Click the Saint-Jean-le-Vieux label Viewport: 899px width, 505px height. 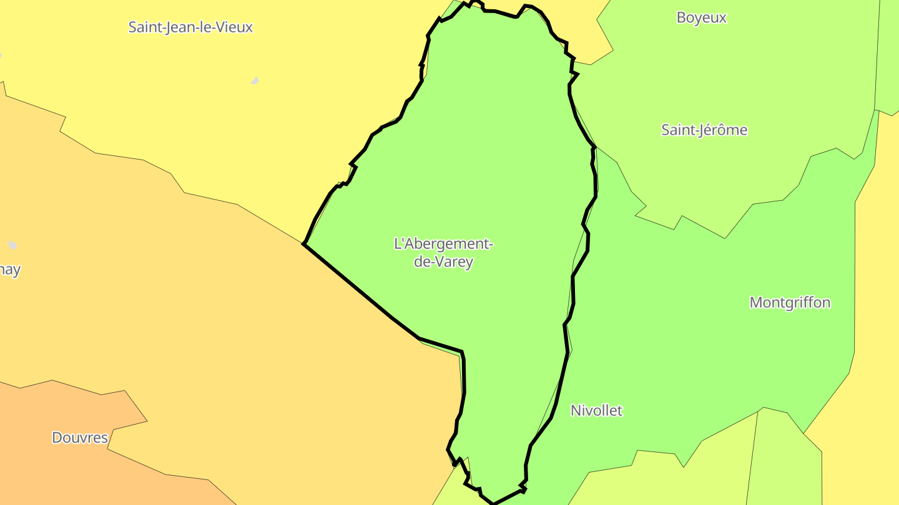pos(190,27)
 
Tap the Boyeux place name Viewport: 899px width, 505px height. pos(702,17)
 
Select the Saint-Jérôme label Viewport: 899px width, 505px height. pos(704,130)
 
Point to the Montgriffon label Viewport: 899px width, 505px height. pos(790,303)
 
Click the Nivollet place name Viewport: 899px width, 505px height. pos(596,410)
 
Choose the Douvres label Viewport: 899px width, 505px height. pos(80,438)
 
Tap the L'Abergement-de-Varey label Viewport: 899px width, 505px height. pos(444,252)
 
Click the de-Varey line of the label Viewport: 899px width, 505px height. pos(444,262)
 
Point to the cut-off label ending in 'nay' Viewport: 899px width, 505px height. pos(9,271)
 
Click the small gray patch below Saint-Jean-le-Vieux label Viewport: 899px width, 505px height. pos(255,81)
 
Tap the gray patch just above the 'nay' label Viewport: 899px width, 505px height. pos(12,245)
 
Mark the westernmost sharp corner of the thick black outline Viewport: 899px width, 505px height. pos(303,244)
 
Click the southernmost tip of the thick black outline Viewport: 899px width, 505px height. pos(493,503)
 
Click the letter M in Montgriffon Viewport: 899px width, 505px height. pos(755,303)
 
